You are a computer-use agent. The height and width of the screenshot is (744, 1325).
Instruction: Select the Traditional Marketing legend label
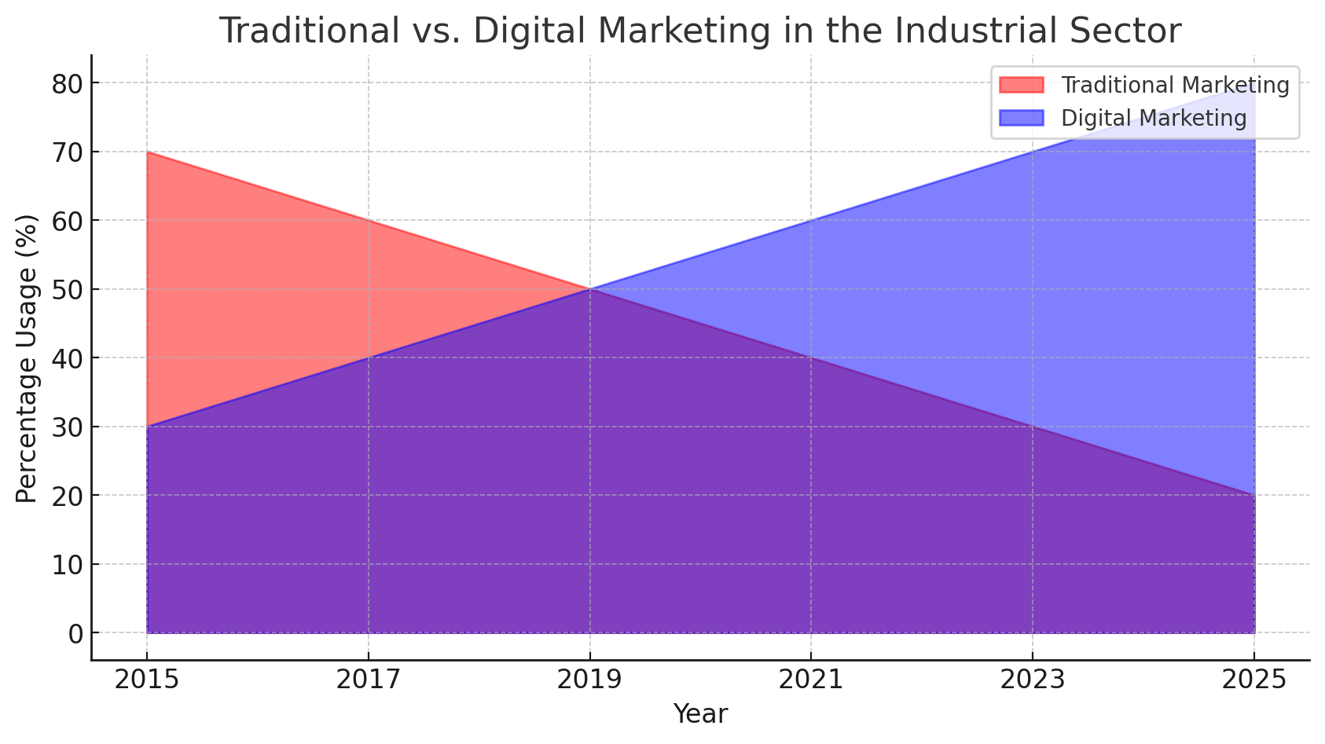pos(1175,85)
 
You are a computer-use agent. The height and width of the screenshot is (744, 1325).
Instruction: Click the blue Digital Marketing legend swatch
pos(1021,118)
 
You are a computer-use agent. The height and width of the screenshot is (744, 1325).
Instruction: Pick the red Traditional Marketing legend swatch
pos(1021,85)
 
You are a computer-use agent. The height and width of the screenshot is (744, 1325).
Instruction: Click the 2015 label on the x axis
pos(147,680)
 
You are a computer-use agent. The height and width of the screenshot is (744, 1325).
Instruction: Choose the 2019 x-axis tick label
pos(589,680)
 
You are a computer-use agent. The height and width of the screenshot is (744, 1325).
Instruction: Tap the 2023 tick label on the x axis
pos(1033,680)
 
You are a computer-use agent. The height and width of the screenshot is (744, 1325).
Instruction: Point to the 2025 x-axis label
pos(1253,680)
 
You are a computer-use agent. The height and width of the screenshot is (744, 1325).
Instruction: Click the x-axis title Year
pos(700,714)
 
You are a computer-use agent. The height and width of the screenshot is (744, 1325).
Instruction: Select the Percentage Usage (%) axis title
pos(27,358)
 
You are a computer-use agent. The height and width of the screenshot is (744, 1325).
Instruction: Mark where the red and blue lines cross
pos(589,289)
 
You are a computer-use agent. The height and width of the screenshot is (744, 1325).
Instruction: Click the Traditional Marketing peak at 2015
pos(147,152)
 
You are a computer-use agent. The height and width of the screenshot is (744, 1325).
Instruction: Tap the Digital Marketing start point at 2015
pos(147,427)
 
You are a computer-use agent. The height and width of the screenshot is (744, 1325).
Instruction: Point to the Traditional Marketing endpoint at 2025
pos(1254,495)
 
